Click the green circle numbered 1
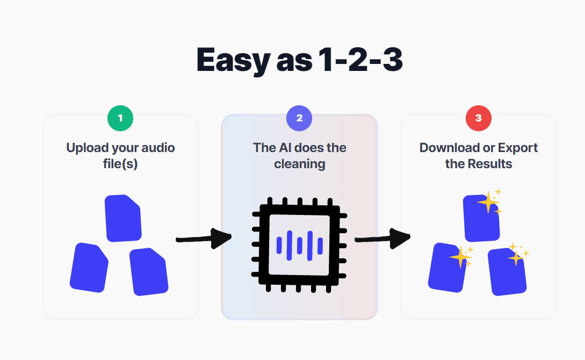click(120, 118)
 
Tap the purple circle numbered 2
click(299, 118)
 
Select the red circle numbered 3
click(479, 118)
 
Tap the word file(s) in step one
click(120, 164)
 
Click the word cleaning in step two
click(300, 164)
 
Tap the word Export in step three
click(518, 148)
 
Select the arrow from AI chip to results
click(382, 239)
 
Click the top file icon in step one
click(123, 218)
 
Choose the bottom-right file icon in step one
click(149, 271)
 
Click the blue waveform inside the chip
click(299, 245)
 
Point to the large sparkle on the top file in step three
click(488, 203)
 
